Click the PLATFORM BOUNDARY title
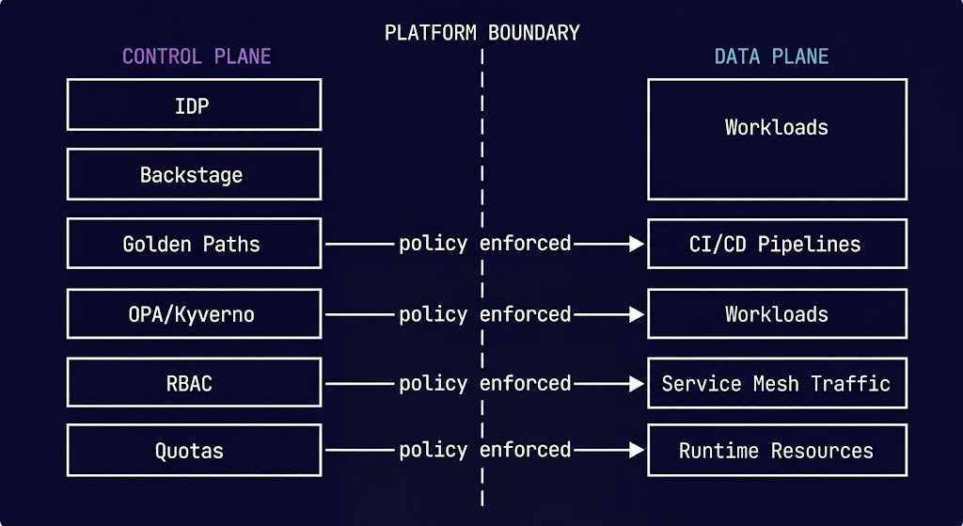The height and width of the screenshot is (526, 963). pyautogui.click(x=481, y=33)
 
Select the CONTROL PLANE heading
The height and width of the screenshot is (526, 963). pyautogui.click(x=197, y=56)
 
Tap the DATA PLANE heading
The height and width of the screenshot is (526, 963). pyautogui.click(x=771, y=56)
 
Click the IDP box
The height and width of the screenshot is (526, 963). pyautogui.click(x=194, y=104)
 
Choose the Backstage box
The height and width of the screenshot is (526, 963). pyautogui.click(x=194, y=174)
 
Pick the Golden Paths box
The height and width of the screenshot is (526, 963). pyautogui.click(x=194, y=244)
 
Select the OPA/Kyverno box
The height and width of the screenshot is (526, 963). pyautogui.click(x=194, y=313)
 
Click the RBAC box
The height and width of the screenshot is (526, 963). pyautogui.click(x=194, y=383)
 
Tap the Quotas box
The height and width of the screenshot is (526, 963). pyautogui.click(x=194, y=451)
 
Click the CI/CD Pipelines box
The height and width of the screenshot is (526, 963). pyautogui.click(x=777, y=244)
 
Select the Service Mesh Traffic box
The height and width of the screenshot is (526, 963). pyautogui.click(x=777, y=383)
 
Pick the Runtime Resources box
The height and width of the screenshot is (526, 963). pyautogui.click(x=777, y=451)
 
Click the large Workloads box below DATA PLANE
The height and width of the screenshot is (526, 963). pyautogui.click(x=777, y=139)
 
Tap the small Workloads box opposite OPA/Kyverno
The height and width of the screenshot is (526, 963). pyautogui.click(x=777, y=313)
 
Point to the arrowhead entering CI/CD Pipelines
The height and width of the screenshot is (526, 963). pyautogui.click(x=637, y=244)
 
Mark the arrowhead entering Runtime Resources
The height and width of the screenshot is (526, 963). pyautogui.click(x=637, y=451)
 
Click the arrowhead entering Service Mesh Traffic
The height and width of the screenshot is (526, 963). pyautogui.click(x=637, y=383)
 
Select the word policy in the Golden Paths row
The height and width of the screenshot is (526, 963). pyautogui.click(x=433, y=244)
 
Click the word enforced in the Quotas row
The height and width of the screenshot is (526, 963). pyautogui.click(x=525, y=450)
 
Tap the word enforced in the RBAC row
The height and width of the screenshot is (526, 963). pyautogui.click(x=525, y=383)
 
